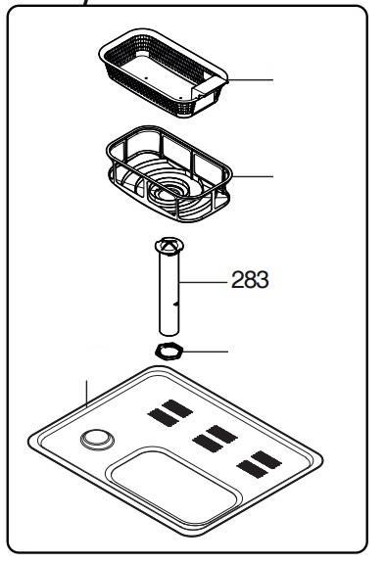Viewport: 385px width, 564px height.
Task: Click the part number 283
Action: (x=250, y=279)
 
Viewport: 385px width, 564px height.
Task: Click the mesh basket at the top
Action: (x=163, y=73)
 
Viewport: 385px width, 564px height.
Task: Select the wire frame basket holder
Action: (x=168, y=173)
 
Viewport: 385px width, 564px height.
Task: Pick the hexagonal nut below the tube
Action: (x=169, y=351)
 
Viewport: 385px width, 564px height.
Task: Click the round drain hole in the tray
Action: (x=97, y=440)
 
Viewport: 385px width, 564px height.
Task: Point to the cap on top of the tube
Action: (x=169, y=246)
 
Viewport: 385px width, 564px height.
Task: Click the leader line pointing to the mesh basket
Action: (x=251, y=79)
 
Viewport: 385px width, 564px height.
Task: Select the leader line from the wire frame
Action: (x=253, y=176)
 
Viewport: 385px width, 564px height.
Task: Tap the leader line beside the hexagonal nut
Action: (x=206, y=352)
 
